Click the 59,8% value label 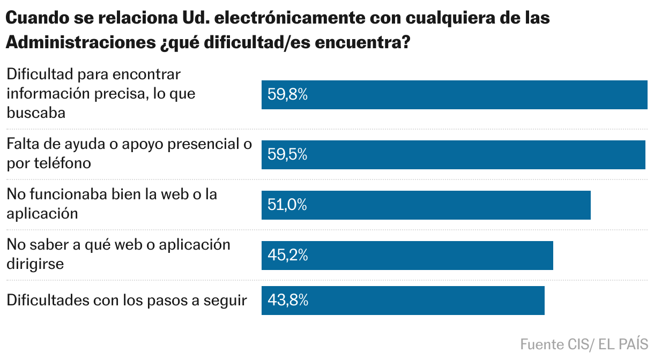pyautogui.click(x=287, y=95)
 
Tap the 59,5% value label pyautogui.click(x=287, y=155)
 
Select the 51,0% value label pyautogui.click(x=287, y=205)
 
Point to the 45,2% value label pyautogui.click(x=287, y=256)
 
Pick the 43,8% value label pyautogui.click(x=288, y=301)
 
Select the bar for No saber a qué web pyautogui.click(x=429, y=256)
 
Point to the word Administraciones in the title pyautogui.click(x=80, y=43)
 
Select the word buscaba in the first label pyautogui.click(x=36, y=113)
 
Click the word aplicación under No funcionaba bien pyautogui.click(x=42, y=213)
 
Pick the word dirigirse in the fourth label pyautogui.click(x=35, y=264)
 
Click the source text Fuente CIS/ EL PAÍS pyautogui.click(x=584, y=344)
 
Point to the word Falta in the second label pyautogui.click(x=22, y=144)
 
